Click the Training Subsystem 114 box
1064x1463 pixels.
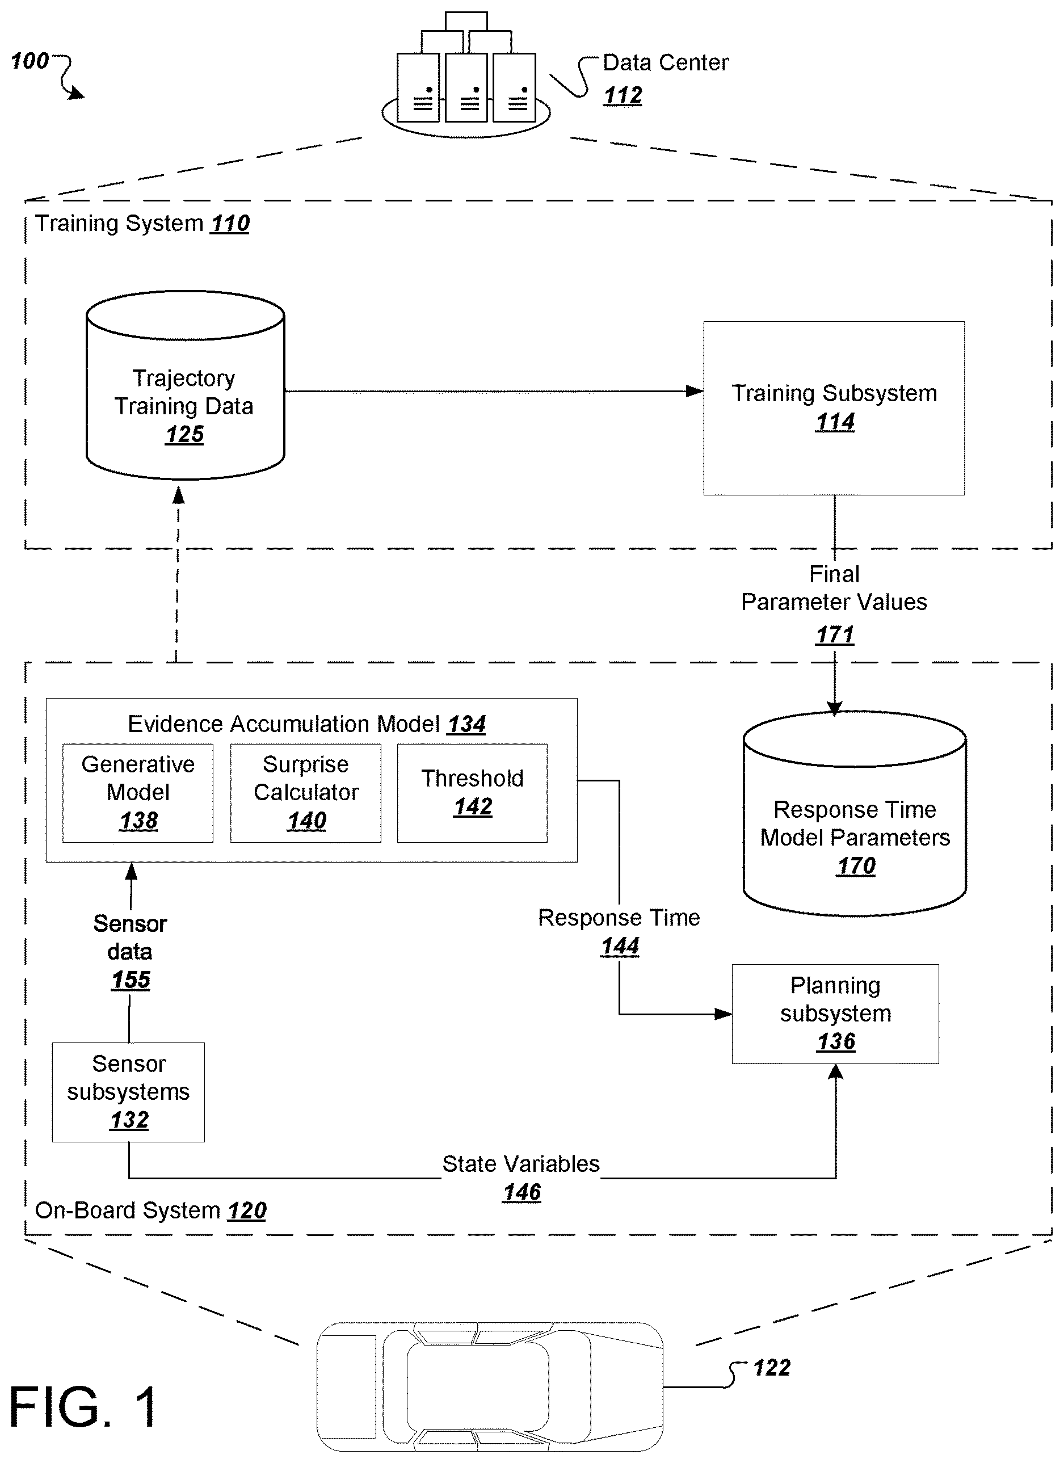point(834,407)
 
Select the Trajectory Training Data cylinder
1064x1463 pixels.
point(185,385)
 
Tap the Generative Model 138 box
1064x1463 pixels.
point(138,793)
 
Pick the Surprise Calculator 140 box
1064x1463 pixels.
point(306,793)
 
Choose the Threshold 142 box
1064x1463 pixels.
point(472,793)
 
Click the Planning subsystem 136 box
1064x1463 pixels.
point(835,1014)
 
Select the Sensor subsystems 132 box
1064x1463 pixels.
point(128,1092)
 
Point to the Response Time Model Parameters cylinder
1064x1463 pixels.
point(855,813)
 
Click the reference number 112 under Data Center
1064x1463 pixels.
point(623,95)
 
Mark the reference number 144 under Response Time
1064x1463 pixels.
point(620,945)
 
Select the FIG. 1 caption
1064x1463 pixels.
point(83,1407)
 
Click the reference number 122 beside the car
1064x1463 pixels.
point(772,1368)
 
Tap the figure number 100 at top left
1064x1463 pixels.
point(30,61)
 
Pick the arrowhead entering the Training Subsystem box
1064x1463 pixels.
point(695,391)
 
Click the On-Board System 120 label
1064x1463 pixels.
point(150,1210)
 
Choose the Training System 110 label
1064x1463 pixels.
point(142,223)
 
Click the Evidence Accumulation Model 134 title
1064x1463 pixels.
point(306,724)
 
